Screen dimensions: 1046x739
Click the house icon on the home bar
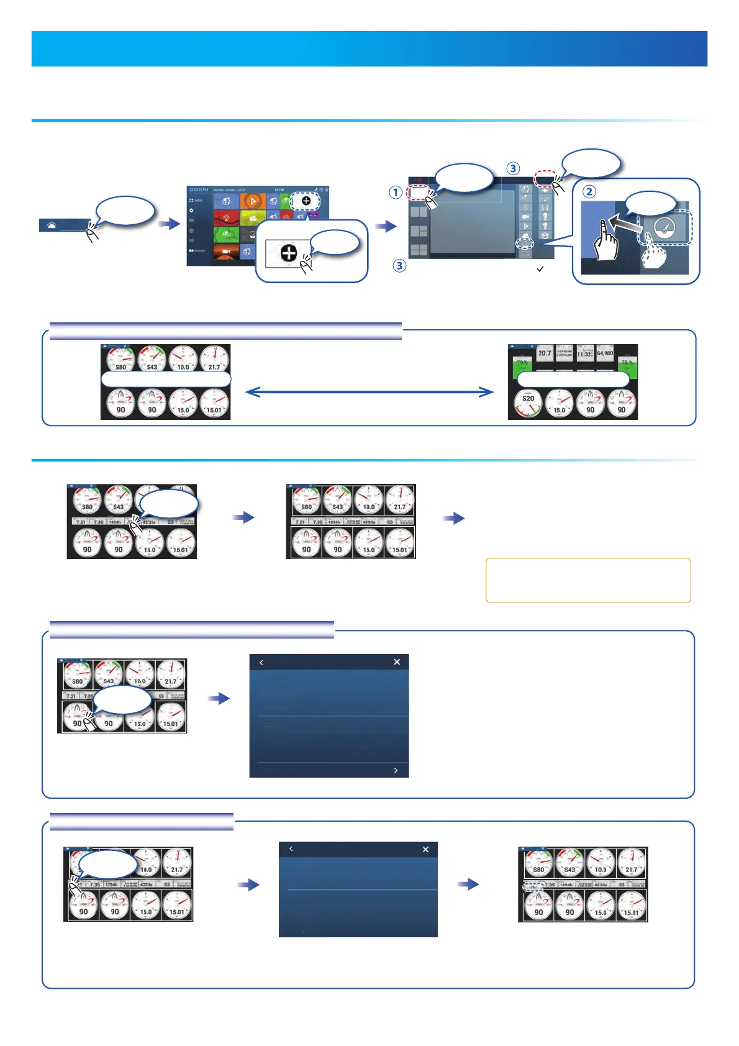coord(51,225)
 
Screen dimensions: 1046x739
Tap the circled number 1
coord(395,193)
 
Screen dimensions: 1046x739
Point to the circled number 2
coord(589,192)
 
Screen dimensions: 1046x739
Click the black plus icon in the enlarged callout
coord(289,253)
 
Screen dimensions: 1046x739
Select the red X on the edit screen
coord(419,181)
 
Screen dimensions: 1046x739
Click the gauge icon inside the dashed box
coord(664,228)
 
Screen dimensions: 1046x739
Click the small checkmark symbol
coord(540,269)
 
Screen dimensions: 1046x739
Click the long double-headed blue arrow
coord(369,392)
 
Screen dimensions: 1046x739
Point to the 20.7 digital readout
coord(545,353)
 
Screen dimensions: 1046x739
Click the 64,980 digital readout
coord(604,353)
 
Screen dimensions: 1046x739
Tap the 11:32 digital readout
coord(584,353)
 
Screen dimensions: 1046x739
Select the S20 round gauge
coord(528,402)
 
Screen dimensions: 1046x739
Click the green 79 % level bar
coord(522,364)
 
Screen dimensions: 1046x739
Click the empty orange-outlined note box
coord(587,580)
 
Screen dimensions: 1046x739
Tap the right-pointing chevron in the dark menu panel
coord(396,770)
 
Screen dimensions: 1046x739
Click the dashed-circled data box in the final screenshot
coord(532,887)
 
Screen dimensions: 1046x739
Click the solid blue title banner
coord(369,49)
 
